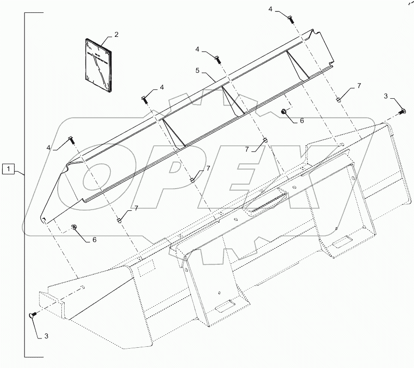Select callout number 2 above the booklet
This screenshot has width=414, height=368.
(x=116, y=34)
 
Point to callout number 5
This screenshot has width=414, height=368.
(x=197, y=71)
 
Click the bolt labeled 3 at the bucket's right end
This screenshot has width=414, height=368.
(x=402, y=110)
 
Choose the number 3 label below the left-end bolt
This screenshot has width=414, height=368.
(x=46, y=336)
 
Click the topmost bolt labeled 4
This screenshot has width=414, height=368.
(x=289, y=18)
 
